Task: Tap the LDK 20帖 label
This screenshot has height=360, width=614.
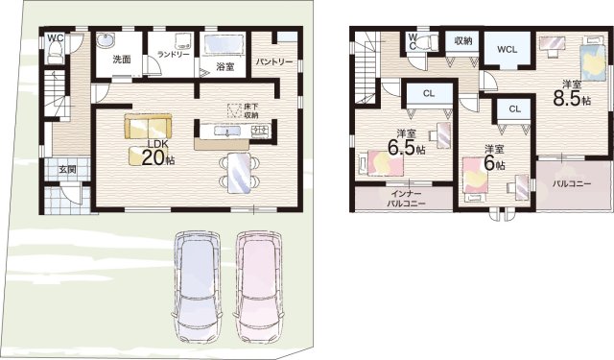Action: click(158, 154)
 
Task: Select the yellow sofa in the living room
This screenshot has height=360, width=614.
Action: click(148, 126)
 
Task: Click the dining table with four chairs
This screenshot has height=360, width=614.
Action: click(239, 173)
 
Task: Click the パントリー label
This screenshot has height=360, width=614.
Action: click(274, 61)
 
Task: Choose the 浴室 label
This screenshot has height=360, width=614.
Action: click(224, 67)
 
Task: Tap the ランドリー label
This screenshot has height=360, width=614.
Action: click(174, 55)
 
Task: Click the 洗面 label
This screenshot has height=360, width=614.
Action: click(122, 60)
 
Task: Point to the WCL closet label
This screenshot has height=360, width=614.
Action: click(508, 50)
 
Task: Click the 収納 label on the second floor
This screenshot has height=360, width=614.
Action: click(463, 40)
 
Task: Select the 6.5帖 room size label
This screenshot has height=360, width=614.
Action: click(407, 148)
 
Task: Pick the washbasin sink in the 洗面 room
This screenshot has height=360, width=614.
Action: click(106, 40)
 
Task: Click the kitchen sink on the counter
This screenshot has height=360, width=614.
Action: click(226, 131)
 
